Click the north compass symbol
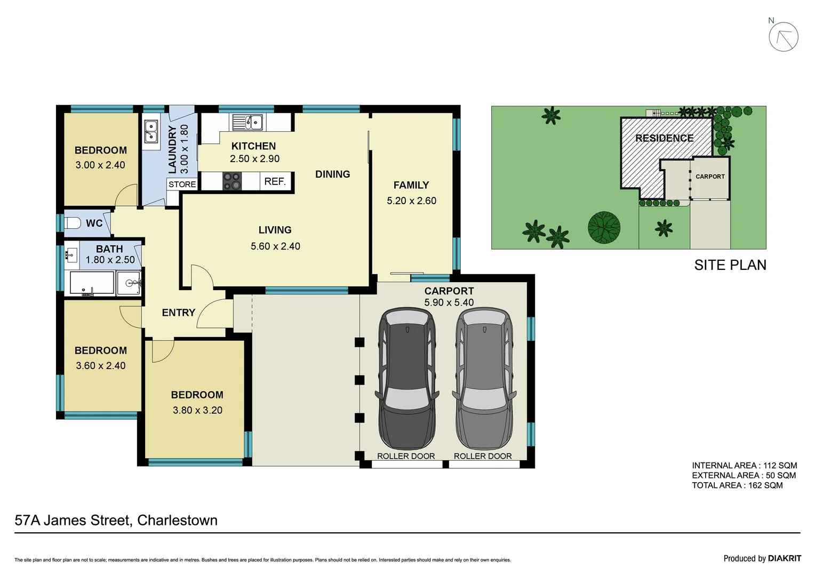click(x=783, y=37)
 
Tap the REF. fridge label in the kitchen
click(x=275, y=181)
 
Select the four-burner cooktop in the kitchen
click(x=231, y=181)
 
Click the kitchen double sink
click(x=247, y=122)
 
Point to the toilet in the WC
click(x=73, y=223)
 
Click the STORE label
click(x=182, y=185)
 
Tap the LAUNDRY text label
click(x=172, y=149)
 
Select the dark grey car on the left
click(x=407, y=378)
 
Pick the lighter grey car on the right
click(x=484, y=378)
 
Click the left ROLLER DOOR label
click(x=406, y=456)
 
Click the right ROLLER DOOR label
click(x=483, y=456)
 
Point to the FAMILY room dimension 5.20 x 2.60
click(x=411, y=201)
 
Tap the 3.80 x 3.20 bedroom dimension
click(x=197, y=410)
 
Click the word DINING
click(x=332, y=174)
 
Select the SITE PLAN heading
click(x=730, y=265)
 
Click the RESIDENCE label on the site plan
click(x=664, y=138)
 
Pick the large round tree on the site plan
click(x=604, y=227)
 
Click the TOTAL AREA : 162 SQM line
click(x=737, y=485)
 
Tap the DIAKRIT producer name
click(x=784, y=558)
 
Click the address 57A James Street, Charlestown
click(x=116, y=521)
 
